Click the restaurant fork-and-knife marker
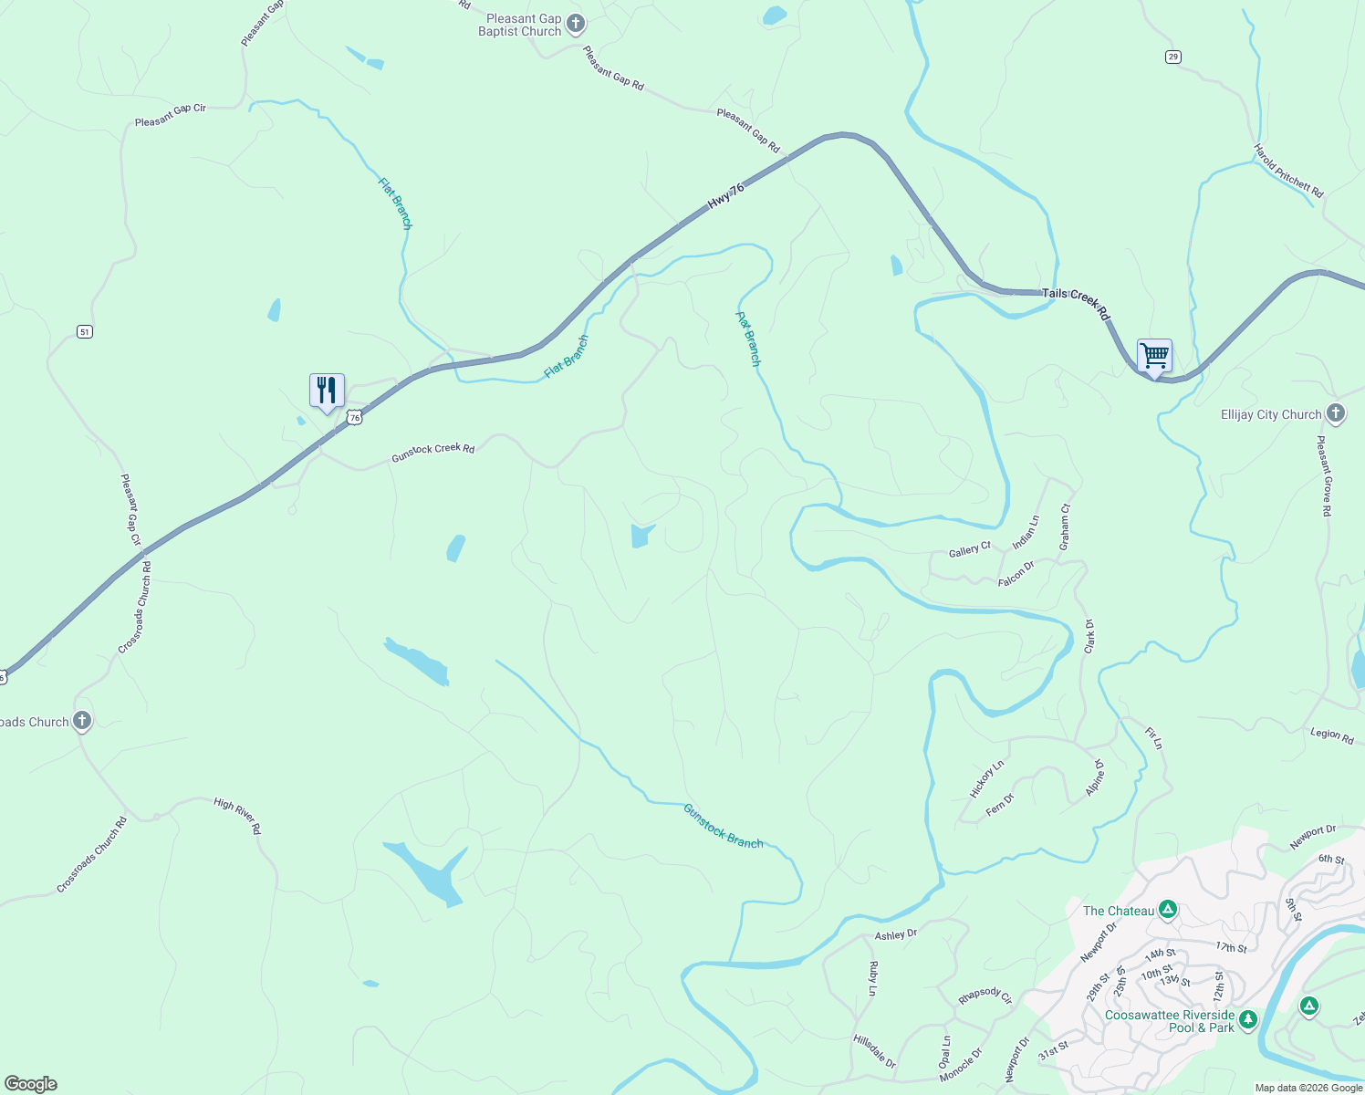(327, 391)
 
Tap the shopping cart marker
(1154, 355)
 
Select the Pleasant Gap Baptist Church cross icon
(576, 23)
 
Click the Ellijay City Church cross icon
(1336, 413)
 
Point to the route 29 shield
(1173, 57)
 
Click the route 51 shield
(85, 331)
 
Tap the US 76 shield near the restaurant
(355, 417)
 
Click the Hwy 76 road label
(726, 196)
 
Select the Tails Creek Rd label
(1077, 302)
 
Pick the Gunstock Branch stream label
(723, 826)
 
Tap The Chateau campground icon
(1168, 909)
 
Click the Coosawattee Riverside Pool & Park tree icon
(1248, 1019)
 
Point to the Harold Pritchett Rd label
(1287, 171)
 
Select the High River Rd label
(237, 815)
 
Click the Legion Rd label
(1332, 735)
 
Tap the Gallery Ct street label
(969, 550)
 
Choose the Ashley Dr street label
(896, 934)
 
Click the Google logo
(31, 1083)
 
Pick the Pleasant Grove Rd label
(1324, 475)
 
